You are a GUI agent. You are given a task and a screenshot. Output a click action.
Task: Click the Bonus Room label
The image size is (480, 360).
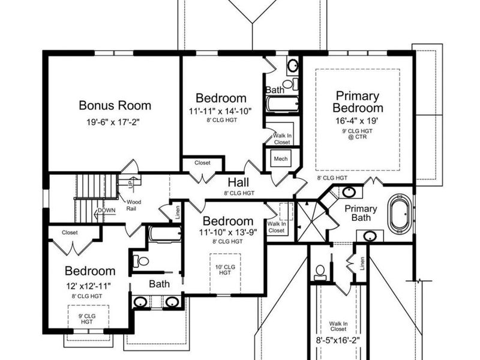click(115, 106)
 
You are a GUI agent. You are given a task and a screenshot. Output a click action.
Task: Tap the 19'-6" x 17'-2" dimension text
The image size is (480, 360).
click(113, 122)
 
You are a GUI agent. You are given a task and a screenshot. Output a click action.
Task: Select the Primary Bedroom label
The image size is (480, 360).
click(358, 102)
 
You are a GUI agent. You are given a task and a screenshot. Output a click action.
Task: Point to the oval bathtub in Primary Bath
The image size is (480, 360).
click(399, 214)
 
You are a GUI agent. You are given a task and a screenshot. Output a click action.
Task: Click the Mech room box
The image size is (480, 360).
click(281, 159)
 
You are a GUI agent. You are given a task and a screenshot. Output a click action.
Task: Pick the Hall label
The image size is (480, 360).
click(238, 182)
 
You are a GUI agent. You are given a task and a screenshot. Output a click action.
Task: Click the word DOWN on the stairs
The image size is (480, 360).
click(107, 211)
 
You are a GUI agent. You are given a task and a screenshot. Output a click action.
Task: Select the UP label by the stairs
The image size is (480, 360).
click(131, 184)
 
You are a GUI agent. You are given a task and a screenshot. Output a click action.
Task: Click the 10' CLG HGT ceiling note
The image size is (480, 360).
click(226, 269)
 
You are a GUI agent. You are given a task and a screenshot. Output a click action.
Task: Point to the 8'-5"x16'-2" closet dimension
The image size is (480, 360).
click(338, 340)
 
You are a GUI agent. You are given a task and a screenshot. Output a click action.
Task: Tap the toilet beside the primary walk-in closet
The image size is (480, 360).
click(320, 272)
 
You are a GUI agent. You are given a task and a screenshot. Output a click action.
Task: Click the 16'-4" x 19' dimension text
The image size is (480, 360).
click(357, 121)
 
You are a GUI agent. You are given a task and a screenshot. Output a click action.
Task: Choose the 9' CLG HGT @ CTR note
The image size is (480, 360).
click(357, 134)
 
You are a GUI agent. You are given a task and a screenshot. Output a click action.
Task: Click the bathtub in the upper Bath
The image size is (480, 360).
click(283, 104)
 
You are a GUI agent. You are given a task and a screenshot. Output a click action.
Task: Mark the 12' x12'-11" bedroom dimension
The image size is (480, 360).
click(88, 286)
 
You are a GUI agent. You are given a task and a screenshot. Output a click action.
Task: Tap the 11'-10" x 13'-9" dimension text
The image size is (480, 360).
click(228, 232)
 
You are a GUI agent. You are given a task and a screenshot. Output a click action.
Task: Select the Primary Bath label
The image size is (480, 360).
click(361, 213)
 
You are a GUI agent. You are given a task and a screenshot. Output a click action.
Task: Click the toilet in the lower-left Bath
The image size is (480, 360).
click(141, 261)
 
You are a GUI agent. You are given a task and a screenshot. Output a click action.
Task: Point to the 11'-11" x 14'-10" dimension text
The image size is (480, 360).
click(220, 110)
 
